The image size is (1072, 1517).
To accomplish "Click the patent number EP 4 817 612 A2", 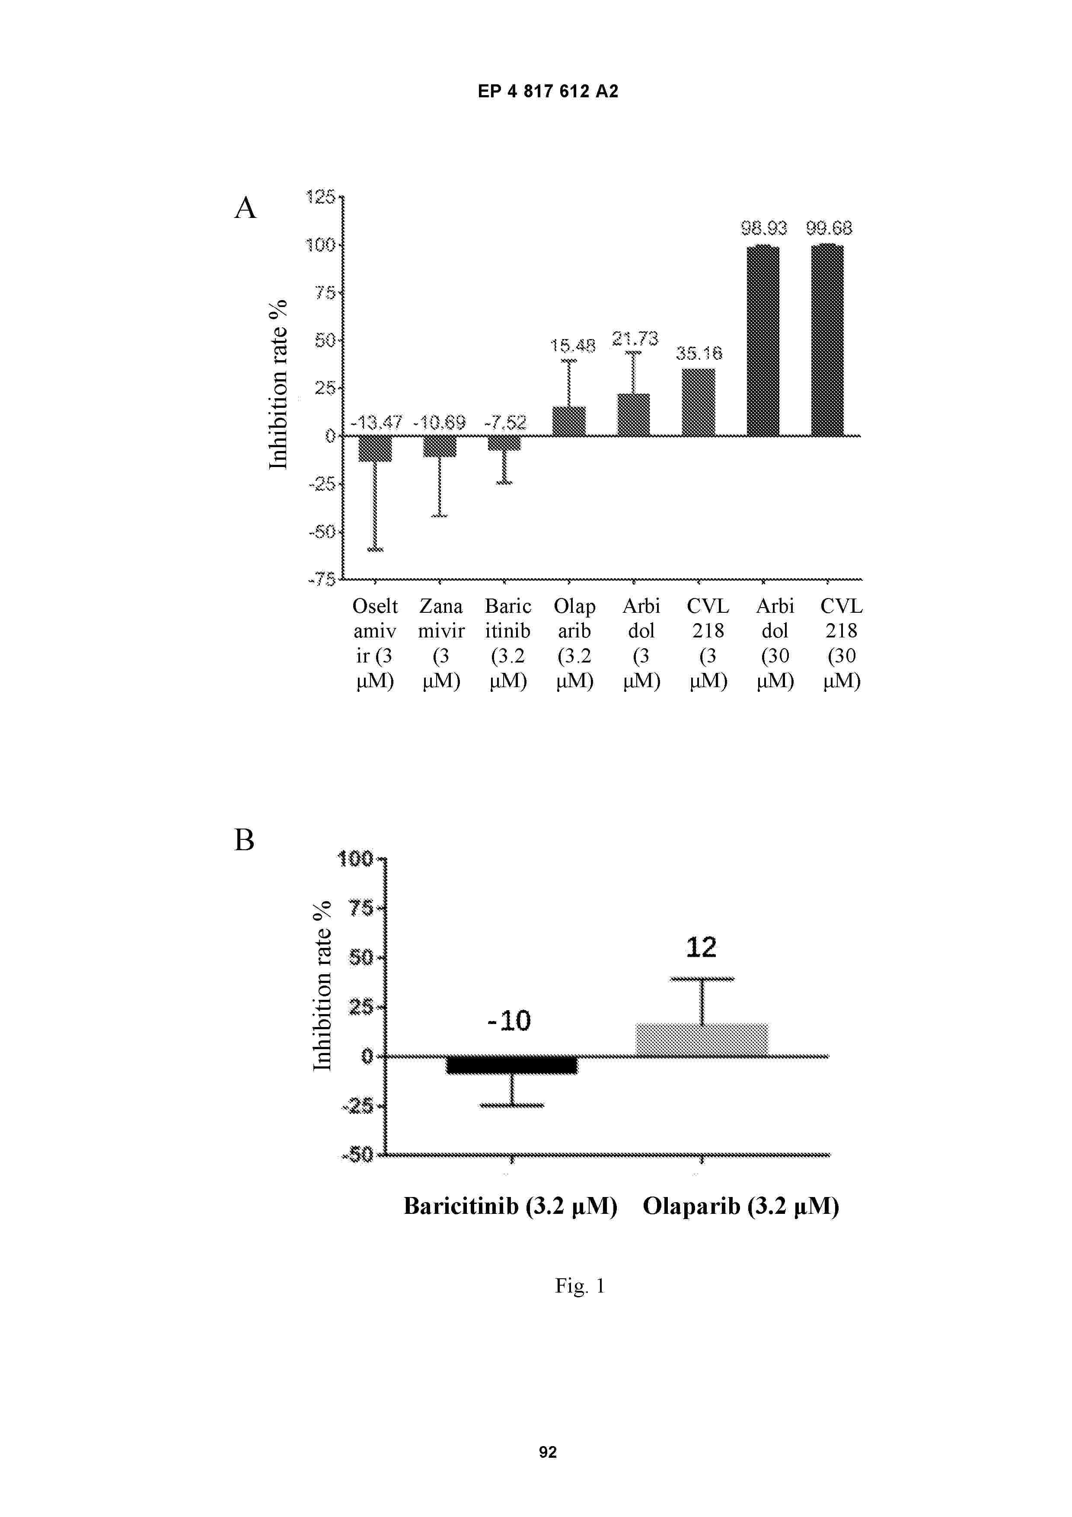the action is tap(548, 91).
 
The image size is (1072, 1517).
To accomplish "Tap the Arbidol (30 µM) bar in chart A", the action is tap(763, 340).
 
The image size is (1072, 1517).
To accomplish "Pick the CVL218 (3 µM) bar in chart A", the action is tap(698, 402).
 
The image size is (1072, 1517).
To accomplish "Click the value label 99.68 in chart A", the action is tap(829, 229).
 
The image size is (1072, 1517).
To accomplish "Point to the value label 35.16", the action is tap(699, 353).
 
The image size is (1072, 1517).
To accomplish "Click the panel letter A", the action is tap(245, 208).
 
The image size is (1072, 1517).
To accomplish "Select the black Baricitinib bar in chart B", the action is tap(512, 1065).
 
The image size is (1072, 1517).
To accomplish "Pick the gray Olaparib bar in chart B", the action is tap(702, 1040).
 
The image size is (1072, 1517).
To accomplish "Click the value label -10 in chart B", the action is tap(509, 1021).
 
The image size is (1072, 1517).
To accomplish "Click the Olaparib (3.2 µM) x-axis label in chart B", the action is tap(741, 1207).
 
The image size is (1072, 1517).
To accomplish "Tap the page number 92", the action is tap(548, 1452).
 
